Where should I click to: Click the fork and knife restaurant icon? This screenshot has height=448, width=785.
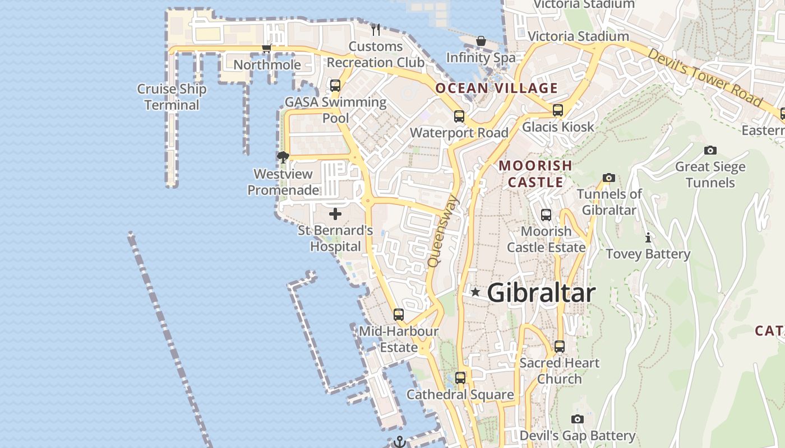pos(376,29)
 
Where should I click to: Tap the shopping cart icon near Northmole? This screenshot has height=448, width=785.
pos(267,48)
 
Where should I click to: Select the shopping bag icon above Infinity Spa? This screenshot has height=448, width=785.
pos(481,41)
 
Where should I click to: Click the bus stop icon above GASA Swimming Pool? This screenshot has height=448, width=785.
pos(335,86)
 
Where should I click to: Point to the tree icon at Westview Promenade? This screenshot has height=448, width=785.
pos(283,157)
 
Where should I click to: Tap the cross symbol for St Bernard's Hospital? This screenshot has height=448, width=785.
pos(335,214)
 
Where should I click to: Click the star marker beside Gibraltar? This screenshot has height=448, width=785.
pos(475,292)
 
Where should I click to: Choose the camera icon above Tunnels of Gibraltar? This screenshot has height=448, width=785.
pos(609,178)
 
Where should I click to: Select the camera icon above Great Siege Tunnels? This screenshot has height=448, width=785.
pos(710,150)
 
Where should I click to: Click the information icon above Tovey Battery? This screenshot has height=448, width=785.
pos(648,237)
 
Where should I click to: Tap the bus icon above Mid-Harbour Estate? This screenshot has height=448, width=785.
pos(399,315)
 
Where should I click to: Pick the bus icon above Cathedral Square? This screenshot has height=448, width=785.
pos(460,378)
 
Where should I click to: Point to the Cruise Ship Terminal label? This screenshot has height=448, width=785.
pos(172,97)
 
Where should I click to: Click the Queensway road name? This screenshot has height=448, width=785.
pos(443,231)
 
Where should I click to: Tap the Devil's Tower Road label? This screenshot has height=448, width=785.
pos(705,77)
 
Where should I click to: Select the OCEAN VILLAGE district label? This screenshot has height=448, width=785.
pos(497,88)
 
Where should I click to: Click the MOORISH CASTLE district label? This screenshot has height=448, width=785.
pos(535,174)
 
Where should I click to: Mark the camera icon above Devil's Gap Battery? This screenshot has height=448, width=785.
pos(578,419)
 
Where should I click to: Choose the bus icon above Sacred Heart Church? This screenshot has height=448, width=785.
pos(560,347)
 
